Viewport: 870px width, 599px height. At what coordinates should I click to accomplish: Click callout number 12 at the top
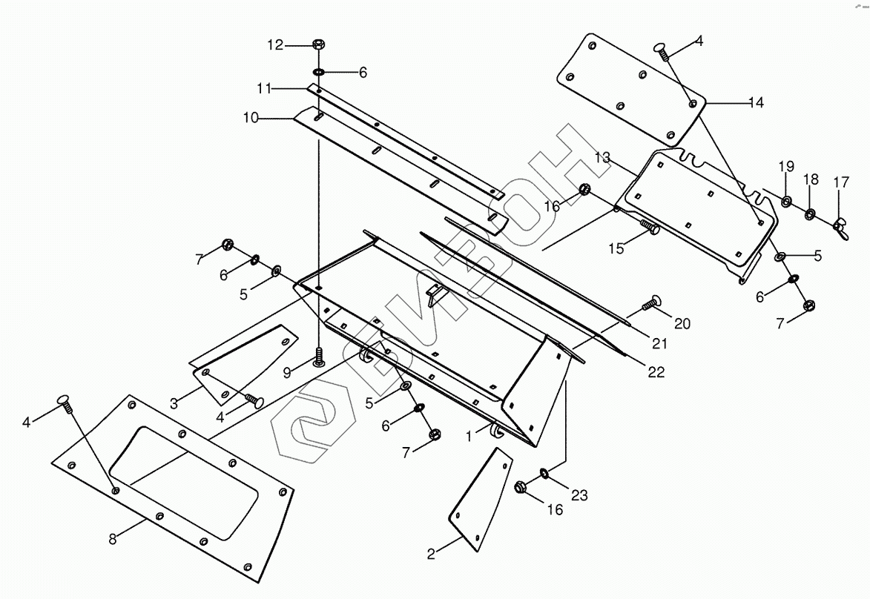tap(275, 45)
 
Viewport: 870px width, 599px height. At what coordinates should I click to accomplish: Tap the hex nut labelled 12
tap(317, 44)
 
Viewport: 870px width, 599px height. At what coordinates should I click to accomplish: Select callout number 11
tap(265, 89)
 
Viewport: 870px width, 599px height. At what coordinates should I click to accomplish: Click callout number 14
tap(755, 103)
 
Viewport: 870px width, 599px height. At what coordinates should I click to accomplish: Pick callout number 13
tap(602, 157)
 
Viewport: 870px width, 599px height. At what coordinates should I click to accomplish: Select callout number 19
tap(786, 167)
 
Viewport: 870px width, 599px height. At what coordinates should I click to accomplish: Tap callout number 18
tap(811, 179)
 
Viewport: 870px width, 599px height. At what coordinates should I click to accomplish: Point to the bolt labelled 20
tap(651, 302)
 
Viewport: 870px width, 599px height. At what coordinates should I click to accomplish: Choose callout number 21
tap(660, 343)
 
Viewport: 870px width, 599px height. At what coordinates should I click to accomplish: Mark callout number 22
tap(656, 371)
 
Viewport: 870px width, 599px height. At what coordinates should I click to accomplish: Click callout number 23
tap(579, 495)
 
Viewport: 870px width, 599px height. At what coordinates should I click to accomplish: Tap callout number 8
tap(113, 540)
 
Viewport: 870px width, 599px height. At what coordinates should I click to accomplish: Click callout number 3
tap(174, 403)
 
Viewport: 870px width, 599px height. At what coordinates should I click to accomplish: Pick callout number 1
tap(469, 437)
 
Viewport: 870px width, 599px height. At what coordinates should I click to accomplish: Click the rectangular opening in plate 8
tap(185, 474)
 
